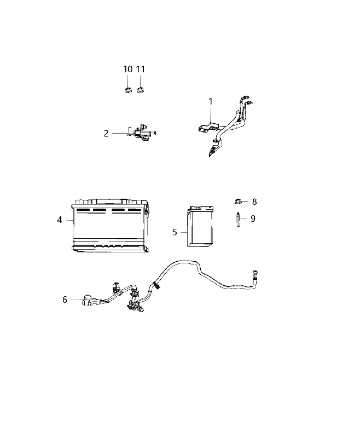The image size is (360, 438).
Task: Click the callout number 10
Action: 127,69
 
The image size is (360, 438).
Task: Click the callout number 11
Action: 141,69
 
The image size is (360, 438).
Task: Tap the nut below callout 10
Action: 128,90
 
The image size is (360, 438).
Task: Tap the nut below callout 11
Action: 140,90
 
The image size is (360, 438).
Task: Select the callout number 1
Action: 211,101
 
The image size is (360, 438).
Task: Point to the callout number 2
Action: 106,134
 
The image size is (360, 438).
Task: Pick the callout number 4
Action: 60,220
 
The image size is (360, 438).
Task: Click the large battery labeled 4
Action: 110,225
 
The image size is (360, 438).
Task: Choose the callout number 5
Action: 175,232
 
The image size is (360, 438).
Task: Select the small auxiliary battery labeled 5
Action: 200,227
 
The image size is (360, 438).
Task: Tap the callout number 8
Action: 254,201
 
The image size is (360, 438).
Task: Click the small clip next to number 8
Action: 238,201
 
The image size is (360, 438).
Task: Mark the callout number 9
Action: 253,218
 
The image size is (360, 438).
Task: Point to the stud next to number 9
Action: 239,220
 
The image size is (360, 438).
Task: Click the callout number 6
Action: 65,299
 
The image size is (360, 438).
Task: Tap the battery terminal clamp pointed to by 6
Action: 89,301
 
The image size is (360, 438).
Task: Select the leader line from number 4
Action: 69,221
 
